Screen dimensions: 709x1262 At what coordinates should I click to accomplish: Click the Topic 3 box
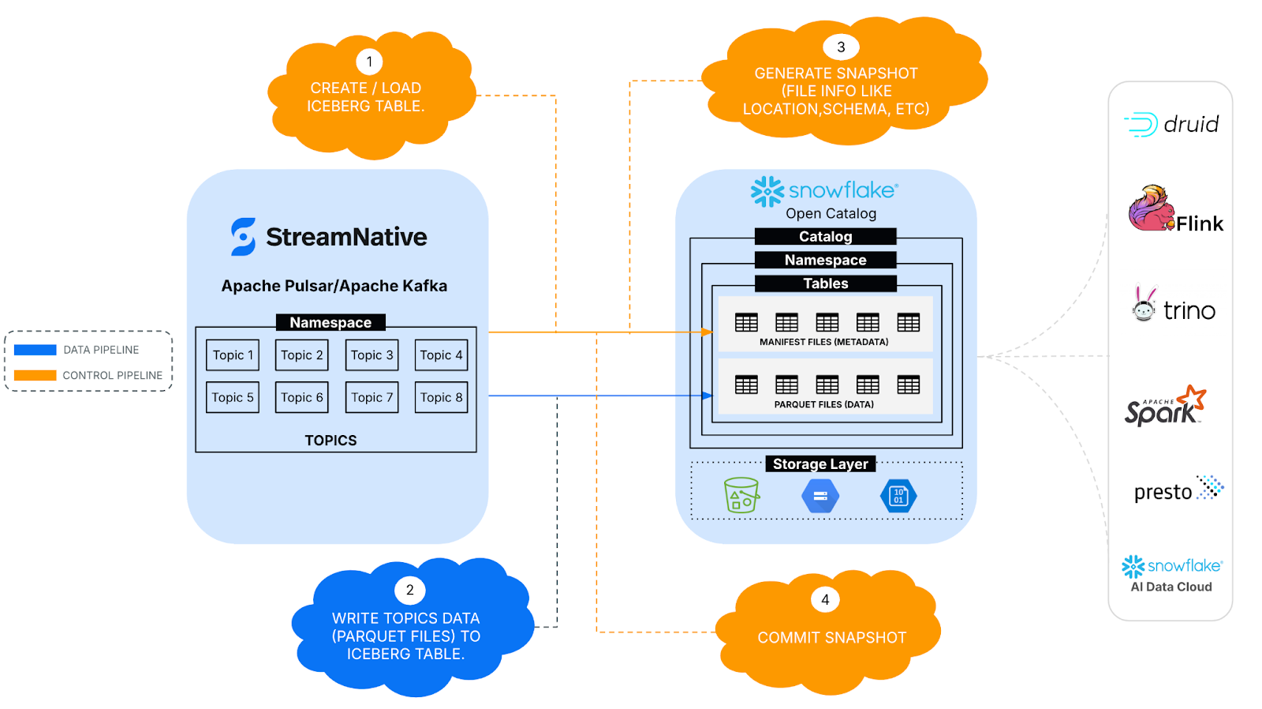[x=372, y=355]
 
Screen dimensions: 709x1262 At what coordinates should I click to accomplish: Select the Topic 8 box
[x=441, y=397]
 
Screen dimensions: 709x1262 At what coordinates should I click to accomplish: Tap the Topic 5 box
[x=233, y=397]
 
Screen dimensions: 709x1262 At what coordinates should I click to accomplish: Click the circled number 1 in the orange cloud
[x=369, y=62]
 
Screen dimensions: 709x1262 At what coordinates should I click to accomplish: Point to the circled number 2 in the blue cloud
[x=409, y=590]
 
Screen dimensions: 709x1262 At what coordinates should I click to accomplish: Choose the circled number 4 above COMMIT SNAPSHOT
[x=825, y=599]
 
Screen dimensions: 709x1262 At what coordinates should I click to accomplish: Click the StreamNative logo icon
[x=243, y=237]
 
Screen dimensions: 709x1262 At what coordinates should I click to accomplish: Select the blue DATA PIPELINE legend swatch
[x=35, y=350]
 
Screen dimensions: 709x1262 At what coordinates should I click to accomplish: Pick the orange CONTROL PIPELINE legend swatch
[x=35, y=375]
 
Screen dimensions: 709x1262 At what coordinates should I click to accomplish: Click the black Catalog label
[x=825, y=236]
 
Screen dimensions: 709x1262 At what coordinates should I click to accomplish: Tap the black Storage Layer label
[x=820, y=463]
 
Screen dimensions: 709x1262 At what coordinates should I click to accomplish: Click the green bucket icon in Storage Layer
[x=741, y=496]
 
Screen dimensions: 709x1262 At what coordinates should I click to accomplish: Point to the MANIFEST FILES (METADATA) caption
[x=823, y=342]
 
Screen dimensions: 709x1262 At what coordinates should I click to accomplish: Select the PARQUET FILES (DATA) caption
[x=823, y=404]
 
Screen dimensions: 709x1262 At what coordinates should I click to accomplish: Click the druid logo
[x=1171, y=124]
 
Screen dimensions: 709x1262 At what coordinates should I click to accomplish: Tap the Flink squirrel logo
[x=1151, y=208]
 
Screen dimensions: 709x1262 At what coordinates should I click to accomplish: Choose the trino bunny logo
[x=1144, y=304]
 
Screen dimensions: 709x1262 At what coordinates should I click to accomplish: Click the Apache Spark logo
[x=1165, y=407]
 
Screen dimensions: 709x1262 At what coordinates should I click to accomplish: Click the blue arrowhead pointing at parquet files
[x=708, y=396]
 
